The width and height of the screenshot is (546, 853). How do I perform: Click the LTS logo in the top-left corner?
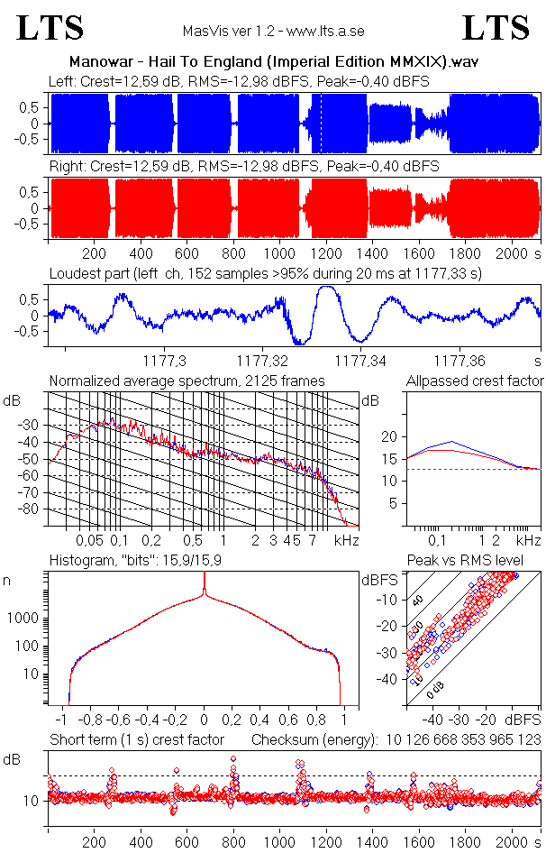click(50, 28)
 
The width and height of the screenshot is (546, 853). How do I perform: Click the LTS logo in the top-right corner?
click(496, 28)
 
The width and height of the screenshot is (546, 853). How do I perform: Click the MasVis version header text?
click(273, 31)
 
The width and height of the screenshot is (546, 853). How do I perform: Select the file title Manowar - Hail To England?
click(273, 62)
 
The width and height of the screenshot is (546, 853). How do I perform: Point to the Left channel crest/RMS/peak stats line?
click(239, 81)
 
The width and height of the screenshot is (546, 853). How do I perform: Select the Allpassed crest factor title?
click(475, 381)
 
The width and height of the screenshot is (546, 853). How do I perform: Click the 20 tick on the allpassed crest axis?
click(389, 436)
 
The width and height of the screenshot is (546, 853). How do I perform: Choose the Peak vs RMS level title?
click(477, 561)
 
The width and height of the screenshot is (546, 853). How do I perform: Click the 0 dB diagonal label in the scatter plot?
click(436, 690)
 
